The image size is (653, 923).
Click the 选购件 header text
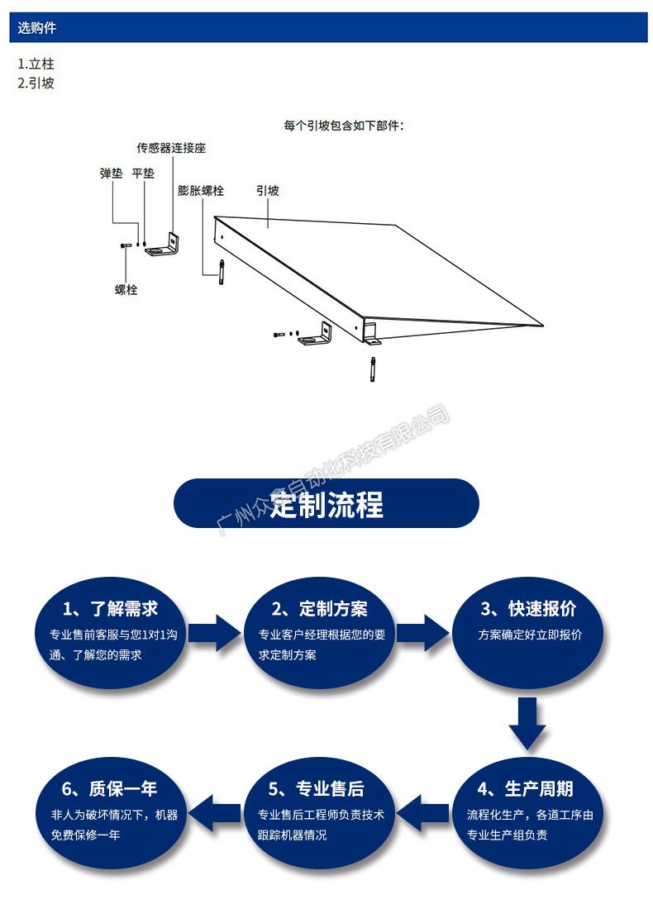37,28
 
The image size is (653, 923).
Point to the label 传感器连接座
171,148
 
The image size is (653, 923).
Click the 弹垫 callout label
112,174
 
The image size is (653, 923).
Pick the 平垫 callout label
143,174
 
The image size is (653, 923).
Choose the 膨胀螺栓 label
201,190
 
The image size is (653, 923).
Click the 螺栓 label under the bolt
126,290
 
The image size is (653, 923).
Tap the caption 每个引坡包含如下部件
349,126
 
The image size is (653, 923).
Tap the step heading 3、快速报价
528,609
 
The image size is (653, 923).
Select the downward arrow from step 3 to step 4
527,723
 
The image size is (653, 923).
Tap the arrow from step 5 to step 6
216,811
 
